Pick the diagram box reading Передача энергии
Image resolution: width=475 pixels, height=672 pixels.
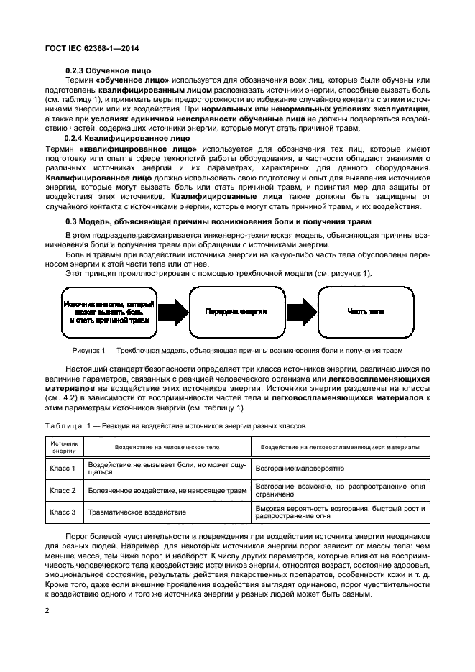(x=236, y=311)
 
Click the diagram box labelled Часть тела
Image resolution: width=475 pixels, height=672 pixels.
(x=366, y=311)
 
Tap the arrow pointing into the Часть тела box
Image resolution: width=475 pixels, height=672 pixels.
(x=302, y=311)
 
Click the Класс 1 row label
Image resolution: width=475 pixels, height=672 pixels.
(x=63, y=469)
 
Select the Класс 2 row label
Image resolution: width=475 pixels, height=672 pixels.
(x=63, y=491)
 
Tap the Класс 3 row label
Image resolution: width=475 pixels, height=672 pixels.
(x=63, y=513)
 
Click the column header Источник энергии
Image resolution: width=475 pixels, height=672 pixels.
(x=63, y=447)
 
